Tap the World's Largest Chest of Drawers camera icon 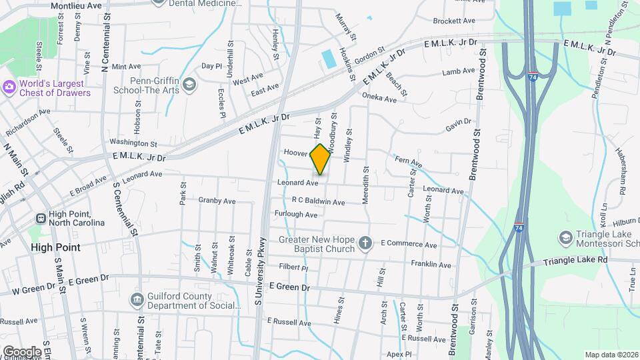9,87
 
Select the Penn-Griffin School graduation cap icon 189,84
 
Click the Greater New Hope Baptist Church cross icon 365,243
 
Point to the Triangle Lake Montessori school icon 565,238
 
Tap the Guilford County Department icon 137,299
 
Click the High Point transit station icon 41,218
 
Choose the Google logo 22,351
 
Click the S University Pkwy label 261,272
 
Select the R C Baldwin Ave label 318,201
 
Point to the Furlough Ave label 296,215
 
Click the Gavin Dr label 459,125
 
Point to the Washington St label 133,143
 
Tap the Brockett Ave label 453,21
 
